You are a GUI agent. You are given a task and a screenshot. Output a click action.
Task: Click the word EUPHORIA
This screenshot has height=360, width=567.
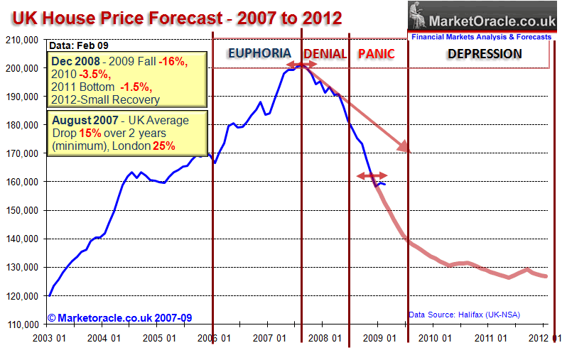click(259, 53)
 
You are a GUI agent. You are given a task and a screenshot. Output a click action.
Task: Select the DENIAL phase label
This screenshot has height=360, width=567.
click(325, 53)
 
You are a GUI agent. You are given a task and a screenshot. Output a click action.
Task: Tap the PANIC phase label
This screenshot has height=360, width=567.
click(376, 53)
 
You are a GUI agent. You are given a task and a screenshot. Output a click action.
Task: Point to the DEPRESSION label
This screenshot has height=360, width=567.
click(484, 53)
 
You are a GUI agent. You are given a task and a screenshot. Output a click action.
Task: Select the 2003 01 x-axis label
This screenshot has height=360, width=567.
click(50, 339)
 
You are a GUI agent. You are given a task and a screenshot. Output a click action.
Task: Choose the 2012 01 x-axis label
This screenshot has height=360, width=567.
click(547, 339)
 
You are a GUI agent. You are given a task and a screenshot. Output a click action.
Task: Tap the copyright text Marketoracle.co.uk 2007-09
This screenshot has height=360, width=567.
click(120, 317)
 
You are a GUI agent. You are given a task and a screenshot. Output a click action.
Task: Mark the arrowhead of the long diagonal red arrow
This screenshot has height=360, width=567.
click(406, 148)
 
